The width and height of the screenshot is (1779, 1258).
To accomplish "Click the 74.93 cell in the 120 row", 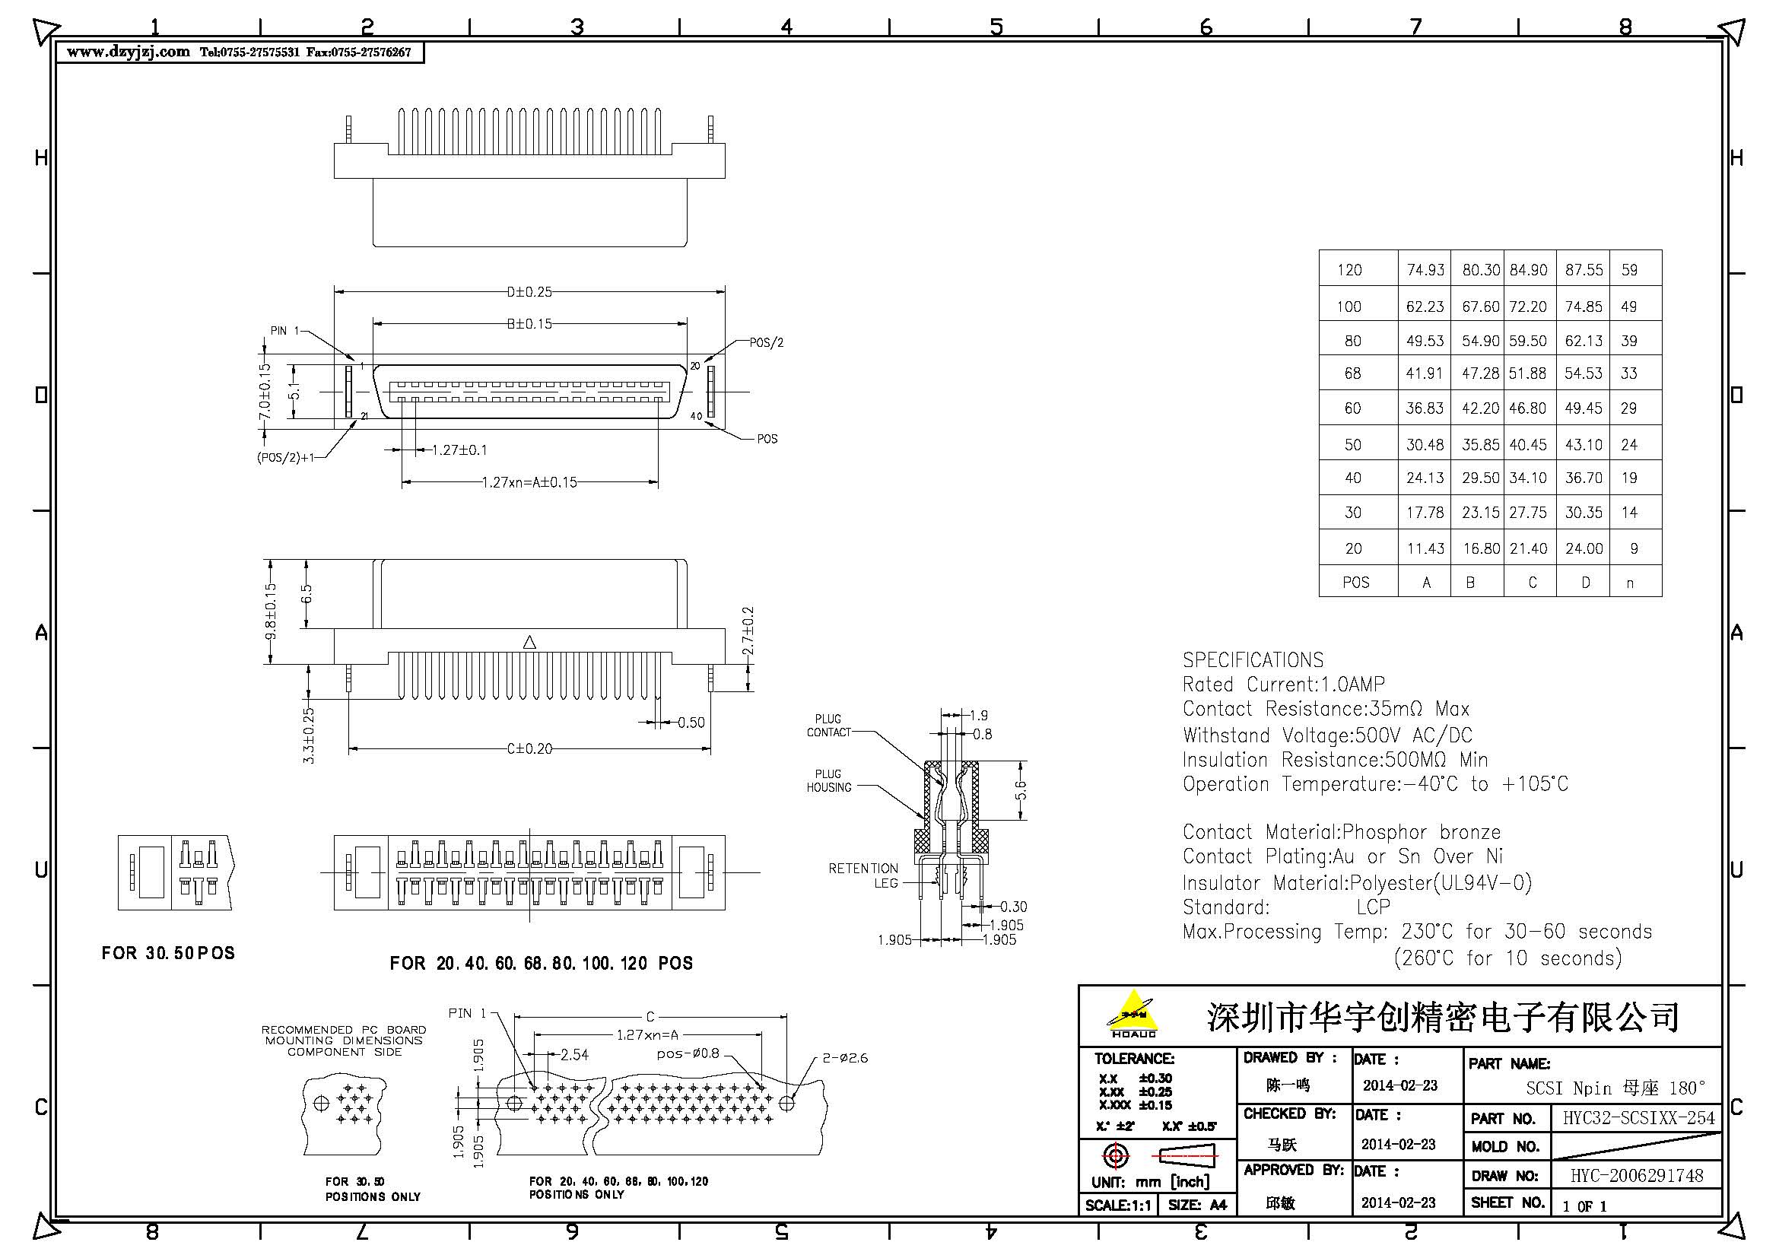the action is point(1425,270).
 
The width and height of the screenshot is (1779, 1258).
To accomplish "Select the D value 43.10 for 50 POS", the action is point(1583,446).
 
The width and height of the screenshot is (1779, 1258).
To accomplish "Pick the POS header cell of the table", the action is point(1356,583).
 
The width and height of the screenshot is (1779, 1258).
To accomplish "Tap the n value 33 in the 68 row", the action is point(1628,373).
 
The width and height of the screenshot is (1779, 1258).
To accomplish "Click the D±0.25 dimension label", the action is point(529,292).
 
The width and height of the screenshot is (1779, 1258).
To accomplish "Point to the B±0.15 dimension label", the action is point(529,324).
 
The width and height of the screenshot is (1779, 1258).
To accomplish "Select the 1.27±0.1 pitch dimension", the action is point(459,450).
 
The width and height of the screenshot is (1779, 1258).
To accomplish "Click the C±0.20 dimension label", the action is point(529,749).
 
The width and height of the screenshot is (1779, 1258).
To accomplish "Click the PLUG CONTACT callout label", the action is point(828,726).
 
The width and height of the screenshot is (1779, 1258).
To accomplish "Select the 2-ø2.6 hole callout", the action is point(844,1058).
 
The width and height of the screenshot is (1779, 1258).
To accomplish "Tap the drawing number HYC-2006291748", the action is point(1637,1176).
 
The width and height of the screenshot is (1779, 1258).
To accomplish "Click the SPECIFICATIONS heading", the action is point(1253,660).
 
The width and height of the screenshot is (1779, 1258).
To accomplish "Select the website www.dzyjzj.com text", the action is point(128,52).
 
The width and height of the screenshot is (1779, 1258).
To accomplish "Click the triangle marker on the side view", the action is point(529,642).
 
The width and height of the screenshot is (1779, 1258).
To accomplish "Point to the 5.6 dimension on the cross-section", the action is point(1021,790).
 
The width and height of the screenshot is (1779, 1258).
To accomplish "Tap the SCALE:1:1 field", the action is point(1118,1206).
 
